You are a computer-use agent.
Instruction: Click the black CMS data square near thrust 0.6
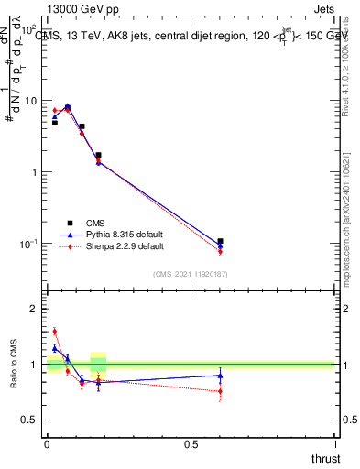click(x=220, y=241)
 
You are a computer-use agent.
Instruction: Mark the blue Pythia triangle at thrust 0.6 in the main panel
click(x=220, y=245)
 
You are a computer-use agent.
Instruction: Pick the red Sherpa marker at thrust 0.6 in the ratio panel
click(x=220, y=392)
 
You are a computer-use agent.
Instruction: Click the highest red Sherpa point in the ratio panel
click(x=54, y=332)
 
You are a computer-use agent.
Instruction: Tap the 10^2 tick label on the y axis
click(x=29, y=29)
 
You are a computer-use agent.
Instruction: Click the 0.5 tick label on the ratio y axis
click(x=29, y=420)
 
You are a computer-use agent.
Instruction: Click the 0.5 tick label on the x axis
click(x=191, y=444)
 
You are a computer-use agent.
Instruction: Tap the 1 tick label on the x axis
click(x=334, y=444)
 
